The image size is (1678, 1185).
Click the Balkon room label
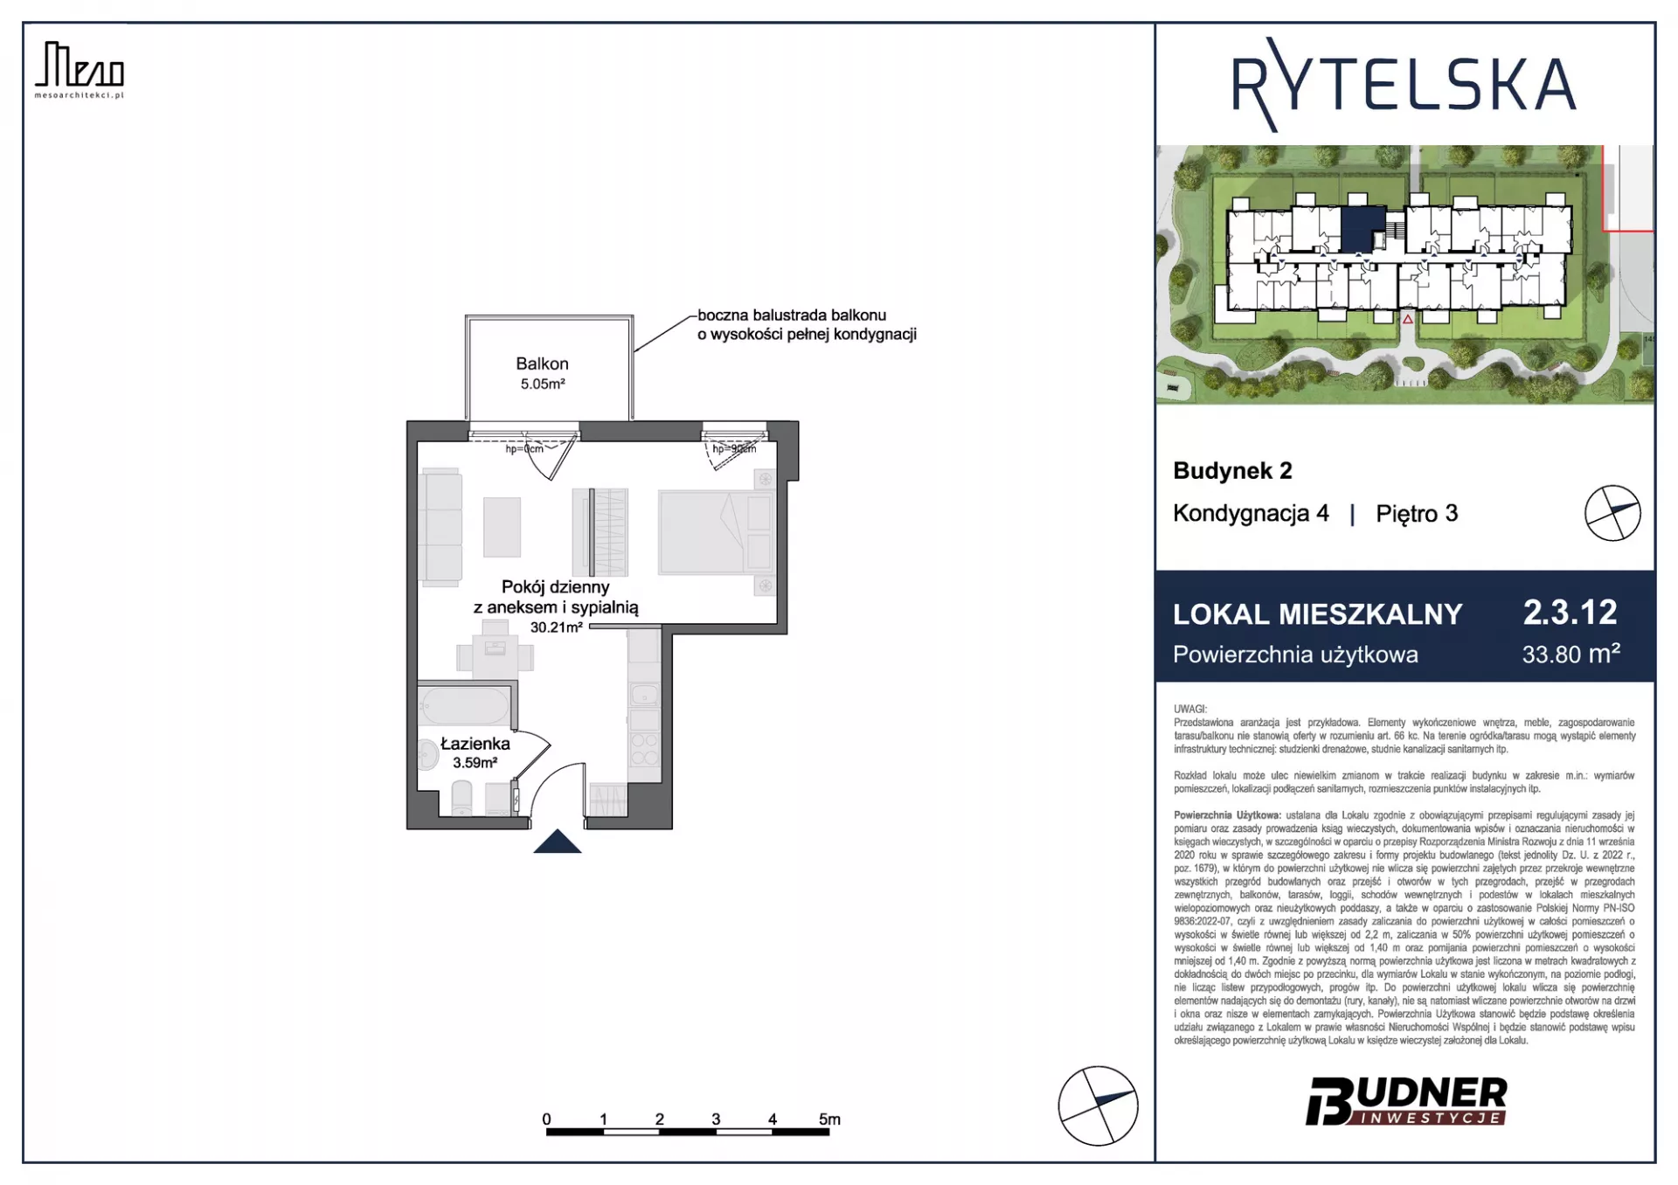coord(542,364)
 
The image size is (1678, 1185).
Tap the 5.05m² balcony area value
coord(543,384)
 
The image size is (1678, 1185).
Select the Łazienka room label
coord(475,744)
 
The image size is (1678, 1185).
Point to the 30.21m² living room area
coord(556,627)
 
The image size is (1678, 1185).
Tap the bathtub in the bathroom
coord(464,705)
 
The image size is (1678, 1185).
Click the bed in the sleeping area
coord(716,532)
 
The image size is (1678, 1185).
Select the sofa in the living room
coord(440,526)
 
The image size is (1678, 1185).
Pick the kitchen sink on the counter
coord(645,696)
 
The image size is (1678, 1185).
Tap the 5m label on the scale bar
coord(829,1119)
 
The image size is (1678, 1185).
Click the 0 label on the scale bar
coord(546,1119)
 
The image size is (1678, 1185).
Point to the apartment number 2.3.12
coord(1570,613)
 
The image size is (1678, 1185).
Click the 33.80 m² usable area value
coord(1571,654)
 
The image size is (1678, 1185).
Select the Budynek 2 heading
coord(1232,471)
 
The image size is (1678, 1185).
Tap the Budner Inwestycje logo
coord(1406,1101)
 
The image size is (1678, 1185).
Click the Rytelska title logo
coord(1404,86)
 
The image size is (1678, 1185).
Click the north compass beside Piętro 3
coord(1612,513)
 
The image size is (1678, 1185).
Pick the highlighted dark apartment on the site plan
coord(1362,228)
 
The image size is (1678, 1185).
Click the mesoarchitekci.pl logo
coord(80,70)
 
